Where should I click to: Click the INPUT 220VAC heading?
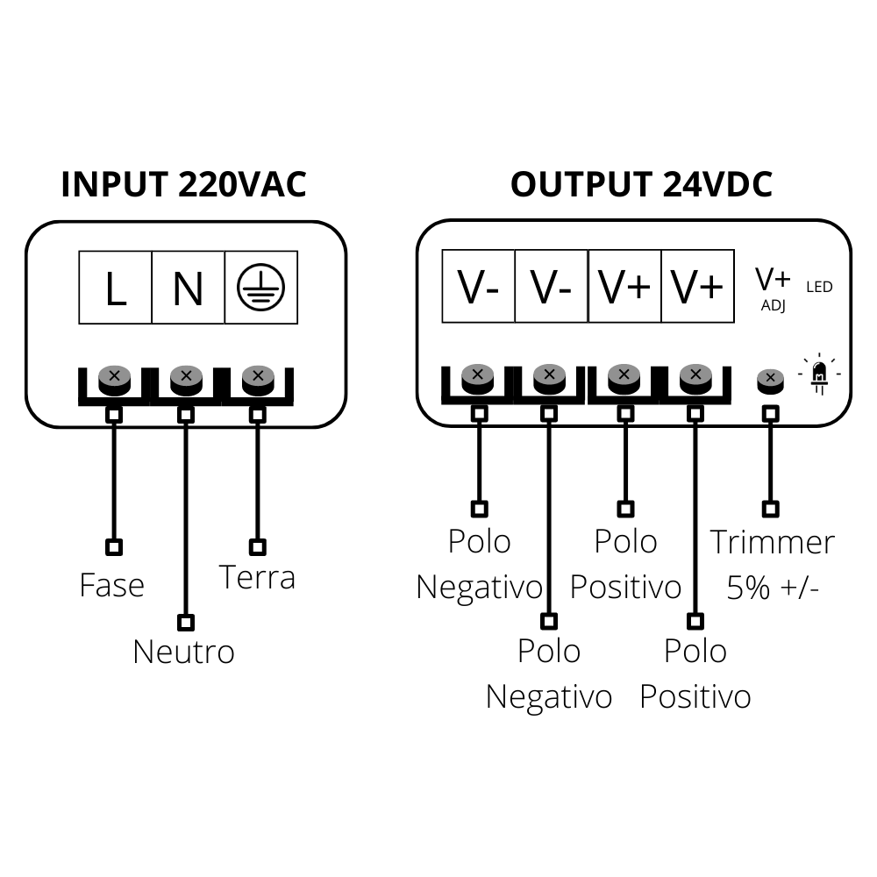tap(184, 185)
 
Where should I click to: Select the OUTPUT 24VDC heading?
tap(641, 185)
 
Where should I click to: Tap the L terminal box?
tap(116, 288)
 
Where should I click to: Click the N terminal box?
tap(188, 288)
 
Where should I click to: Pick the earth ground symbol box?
tap(260, 288)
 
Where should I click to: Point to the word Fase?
tap(111, 585)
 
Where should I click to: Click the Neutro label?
tap(183, 652)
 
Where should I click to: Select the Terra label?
tap(257, 577)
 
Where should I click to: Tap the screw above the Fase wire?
tap(114, 379)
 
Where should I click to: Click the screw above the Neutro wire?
tap(186, 379)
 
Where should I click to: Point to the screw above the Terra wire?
tap(258, 379)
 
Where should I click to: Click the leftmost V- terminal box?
tap(478, 288)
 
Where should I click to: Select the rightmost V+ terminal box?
tap(697, 288)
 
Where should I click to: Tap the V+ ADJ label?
tap(773, 288)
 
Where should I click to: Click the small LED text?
tap(819, 287)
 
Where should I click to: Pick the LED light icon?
tap(819, 374)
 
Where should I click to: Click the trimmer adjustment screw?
tap(770, 379)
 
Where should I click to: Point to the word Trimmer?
tap(772, 542)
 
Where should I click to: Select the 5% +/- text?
tap(773, 587)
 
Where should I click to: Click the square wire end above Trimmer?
tap(770, 508)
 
